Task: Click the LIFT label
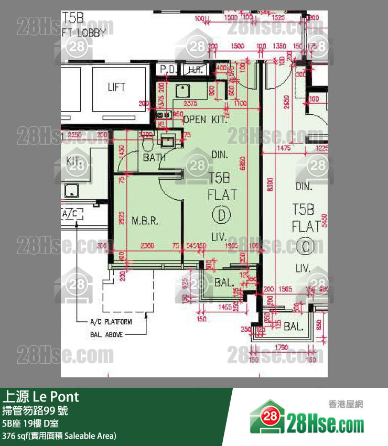coord(116,87)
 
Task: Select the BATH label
coord(154,157)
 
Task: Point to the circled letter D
coord(222,215)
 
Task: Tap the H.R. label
coord(195,69)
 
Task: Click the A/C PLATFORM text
coord(111,322)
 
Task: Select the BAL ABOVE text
coord(106,334)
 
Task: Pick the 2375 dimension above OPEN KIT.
coord(191,103)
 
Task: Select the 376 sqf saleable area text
coord(59,436)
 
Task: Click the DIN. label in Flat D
coord(220,155)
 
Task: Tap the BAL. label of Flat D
coord(224,282)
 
